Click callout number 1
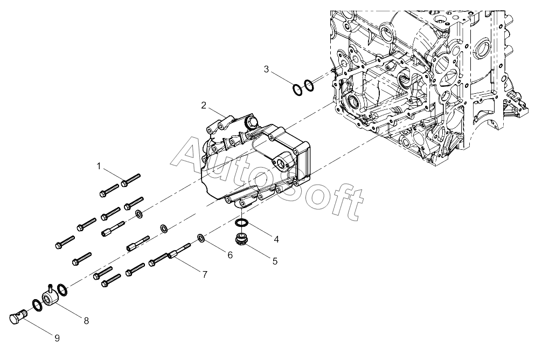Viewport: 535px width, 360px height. tap(99, 166)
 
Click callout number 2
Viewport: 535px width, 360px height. tap(204, 105)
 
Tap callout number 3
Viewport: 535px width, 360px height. tap(267, 70)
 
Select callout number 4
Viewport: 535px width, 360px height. tap(276, 239)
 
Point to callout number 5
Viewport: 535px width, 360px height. tap(275, 261)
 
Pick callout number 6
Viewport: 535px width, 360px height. tap(230, 254)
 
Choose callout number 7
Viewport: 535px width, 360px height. tap(205, 274)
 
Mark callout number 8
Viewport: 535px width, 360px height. tap(86, 321)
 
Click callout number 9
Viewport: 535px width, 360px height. tap(57, 338)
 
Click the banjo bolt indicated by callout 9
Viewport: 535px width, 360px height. tap(18, 316)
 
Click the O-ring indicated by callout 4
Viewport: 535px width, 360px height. tap(241, 223)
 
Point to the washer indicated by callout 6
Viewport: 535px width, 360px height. tap(201, 238)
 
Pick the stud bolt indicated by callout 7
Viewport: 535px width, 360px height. tap(179, 251)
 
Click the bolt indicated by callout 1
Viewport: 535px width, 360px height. tap(131, 180)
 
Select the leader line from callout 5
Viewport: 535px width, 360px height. tap(259, 251)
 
